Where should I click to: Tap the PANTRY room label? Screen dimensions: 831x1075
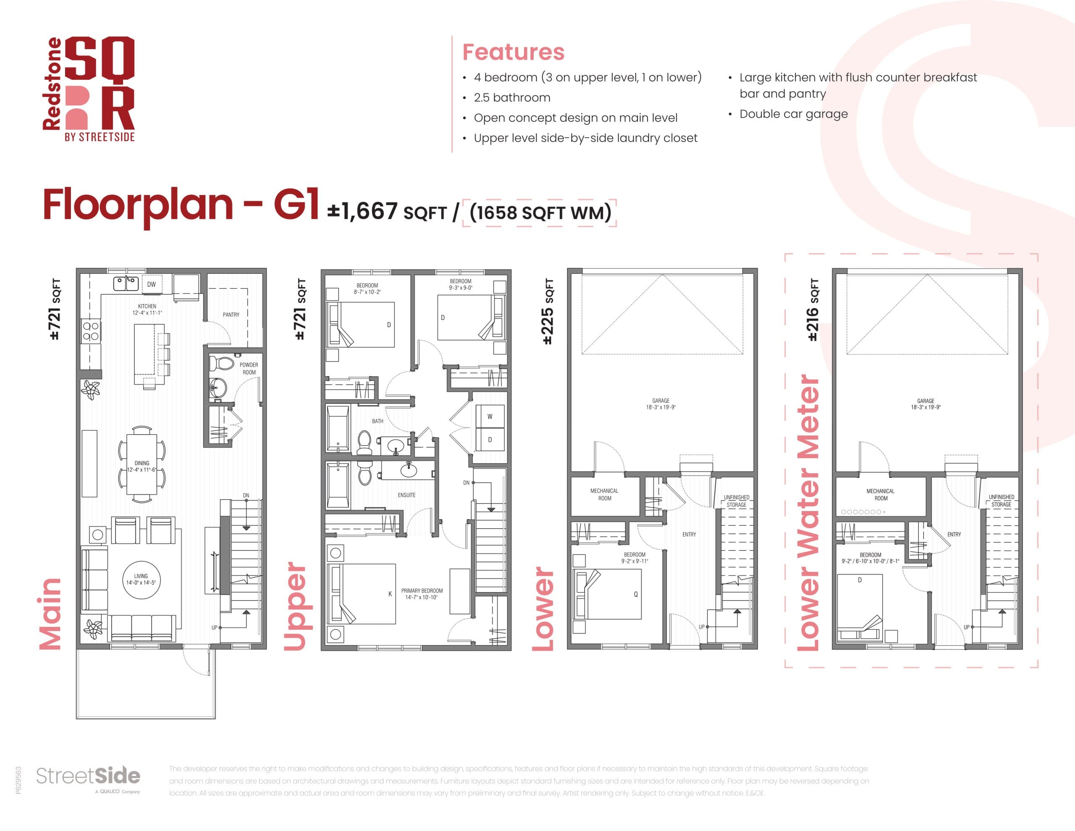pos(231,315)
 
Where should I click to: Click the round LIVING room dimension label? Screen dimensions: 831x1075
pos(141,579)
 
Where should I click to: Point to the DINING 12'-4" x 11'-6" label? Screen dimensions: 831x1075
pos(142,466)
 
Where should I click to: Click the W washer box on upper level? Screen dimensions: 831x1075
pos(490,417)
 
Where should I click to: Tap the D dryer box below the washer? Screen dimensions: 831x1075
pos(490,440)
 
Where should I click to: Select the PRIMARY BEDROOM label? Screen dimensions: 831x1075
pos(422,594)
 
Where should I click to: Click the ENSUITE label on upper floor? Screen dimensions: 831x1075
pos(406,495)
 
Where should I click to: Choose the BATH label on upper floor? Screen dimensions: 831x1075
pos(378,421)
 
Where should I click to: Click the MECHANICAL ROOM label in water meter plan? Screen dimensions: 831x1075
pos(881,494)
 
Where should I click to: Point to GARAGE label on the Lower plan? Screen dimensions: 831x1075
pos(661,404)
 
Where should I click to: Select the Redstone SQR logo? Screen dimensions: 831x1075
pos(89,89)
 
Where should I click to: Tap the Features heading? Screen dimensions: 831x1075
pos(514,52)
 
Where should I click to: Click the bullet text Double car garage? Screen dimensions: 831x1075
pos(794,114)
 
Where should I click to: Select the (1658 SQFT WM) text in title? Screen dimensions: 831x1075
pos(540,212)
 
